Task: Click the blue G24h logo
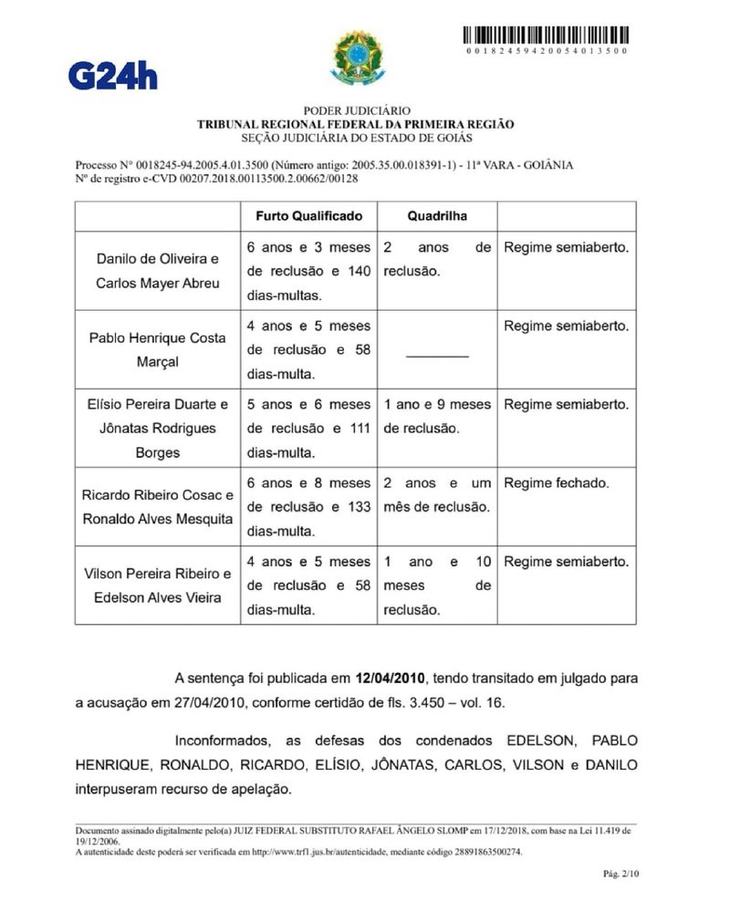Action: pyautogui.click(x=112, y=74)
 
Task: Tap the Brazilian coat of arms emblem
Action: pyautogui.click(x=358, y=57)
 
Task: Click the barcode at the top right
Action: pyautogui.click(x=545, y=36)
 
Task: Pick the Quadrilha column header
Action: pyautogui.click(x=437, y=216)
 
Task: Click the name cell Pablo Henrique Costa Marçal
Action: pyautogui.click(x=158, y=349)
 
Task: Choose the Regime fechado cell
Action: pyautogui.click(x=557, y=483)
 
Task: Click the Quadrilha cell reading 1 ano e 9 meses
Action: pyautogui.click(x=437, y=416)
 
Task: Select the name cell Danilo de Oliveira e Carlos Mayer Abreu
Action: pyautogui.click(x=158, y=271)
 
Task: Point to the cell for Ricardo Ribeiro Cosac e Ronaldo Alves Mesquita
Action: pyautogui.click(x=158, y=507)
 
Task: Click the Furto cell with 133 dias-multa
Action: pyautogui.click(x=309, y=507)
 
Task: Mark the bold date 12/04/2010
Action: pyautogui.click(x=391, y=678)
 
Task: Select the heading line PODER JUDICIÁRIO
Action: pyautogui.click(x=357, y=110)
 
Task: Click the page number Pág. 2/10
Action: pyautogui.click(x=621, y=874)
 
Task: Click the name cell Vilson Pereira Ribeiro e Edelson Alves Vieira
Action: pyautogui.click(x=158, y=586)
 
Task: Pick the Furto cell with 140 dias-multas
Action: pyautogui.click(x=309, y=271)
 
